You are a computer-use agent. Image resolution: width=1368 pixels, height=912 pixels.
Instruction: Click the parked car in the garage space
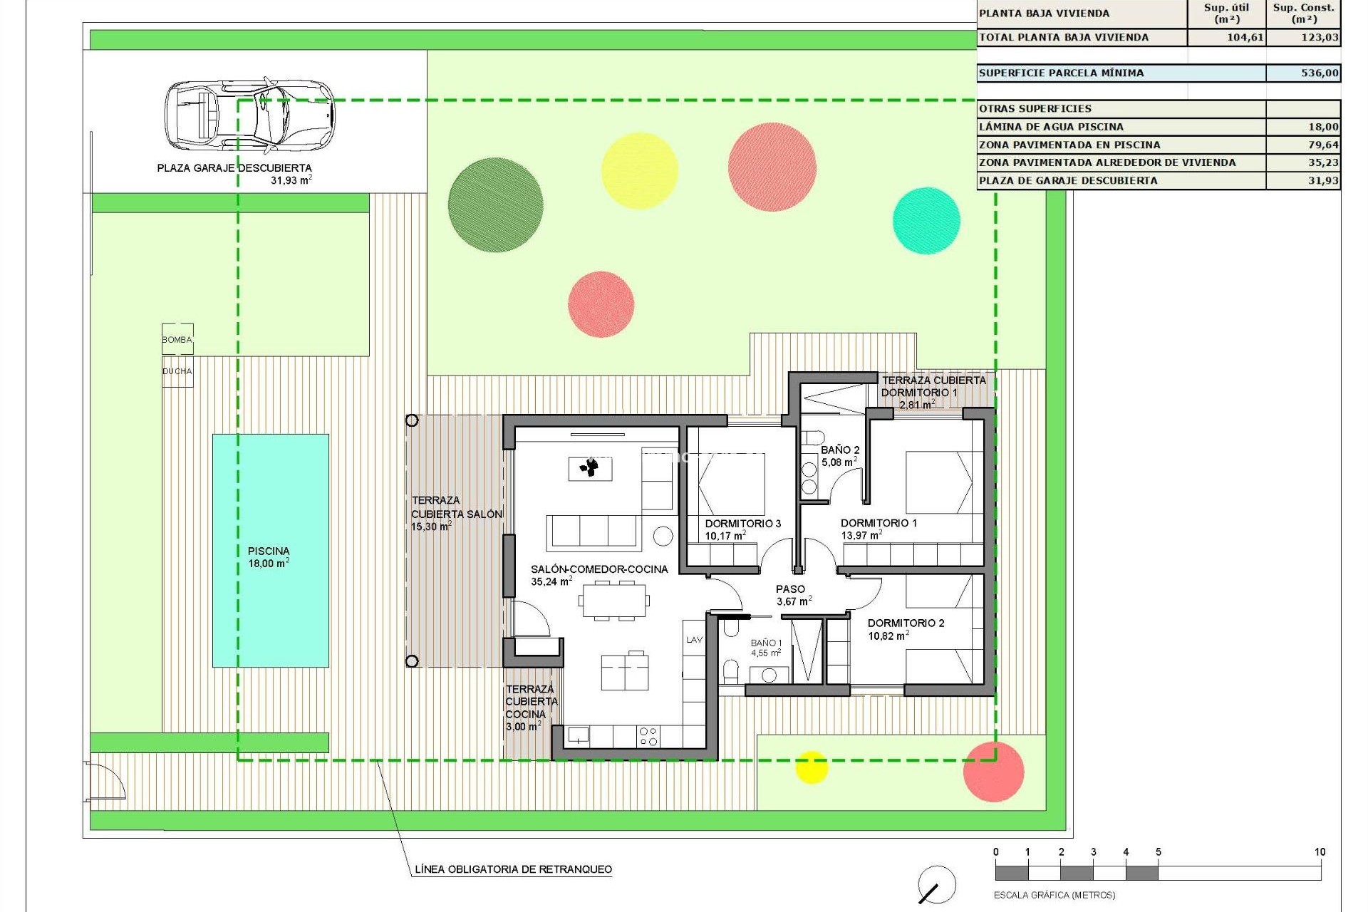point(249,114)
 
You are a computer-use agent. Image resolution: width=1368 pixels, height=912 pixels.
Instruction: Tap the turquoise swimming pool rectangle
point(270,550)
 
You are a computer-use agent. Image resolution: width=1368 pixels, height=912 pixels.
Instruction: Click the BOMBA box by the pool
point(177,340)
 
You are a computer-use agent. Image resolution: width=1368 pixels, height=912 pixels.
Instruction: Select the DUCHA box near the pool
point(177,371)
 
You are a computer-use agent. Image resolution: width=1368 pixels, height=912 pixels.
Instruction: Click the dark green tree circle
point(495,204)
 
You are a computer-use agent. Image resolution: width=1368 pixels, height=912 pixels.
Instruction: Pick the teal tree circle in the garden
point(926,220)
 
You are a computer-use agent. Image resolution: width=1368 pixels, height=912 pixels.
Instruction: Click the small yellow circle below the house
point(811,767)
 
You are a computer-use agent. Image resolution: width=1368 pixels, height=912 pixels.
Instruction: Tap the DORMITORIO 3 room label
point(742,524)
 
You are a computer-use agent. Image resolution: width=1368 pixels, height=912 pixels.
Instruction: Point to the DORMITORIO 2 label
point(906,623)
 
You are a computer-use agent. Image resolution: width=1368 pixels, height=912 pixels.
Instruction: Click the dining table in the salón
point(614,600)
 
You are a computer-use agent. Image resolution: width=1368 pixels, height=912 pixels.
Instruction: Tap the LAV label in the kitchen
point(694,640)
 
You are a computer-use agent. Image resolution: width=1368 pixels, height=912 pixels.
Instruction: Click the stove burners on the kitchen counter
point(648,737)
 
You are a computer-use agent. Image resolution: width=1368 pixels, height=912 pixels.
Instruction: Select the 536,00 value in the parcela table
point(1319,73)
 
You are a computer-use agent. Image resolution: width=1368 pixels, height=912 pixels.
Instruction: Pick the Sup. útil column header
point(1225,13)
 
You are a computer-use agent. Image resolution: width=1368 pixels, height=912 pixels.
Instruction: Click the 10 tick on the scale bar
point(1320,852)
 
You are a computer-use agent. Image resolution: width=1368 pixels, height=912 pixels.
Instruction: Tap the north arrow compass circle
point(936,885)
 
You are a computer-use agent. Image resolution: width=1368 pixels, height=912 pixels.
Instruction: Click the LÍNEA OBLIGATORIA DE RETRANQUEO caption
point(513,869)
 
